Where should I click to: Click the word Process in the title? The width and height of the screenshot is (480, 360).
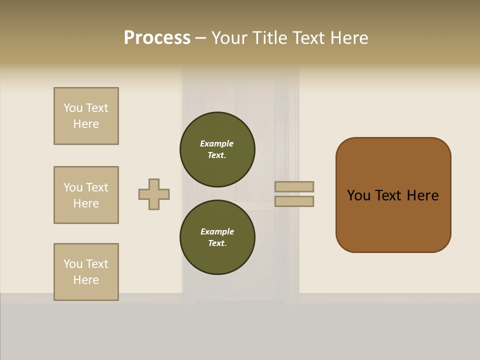157,38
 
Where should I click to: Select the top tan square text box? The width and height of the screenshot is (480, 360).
86,116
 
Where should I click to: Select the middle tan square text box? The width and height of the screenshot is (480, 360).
86,195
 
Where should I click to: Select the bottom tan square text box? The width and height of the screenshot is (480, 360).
86,272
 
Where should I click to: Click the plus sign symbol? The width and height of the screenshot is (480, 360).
154,194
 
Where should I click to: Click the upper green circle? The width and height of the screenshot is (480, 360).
217,149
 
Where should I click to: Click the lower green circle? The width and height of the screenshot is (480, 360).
217,237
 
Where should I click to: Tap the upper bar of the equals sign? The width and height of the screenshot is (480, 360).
294,187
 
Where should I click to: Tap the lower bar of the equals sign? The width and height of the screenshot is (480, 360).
294,201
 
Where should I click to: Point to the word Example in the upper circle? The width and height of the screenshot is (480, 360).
217,143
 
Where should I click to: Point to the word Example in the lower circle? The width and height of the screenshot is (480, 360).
217,231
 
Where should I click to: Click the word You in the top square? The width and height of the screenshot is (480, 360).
73,108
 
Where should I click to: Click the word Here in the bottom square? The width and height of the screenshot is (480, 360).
86,280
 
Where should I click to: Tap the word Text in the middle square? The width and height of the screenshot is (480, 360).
96,187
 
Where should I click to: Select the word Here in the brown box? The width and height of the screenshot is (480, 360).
422,195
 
